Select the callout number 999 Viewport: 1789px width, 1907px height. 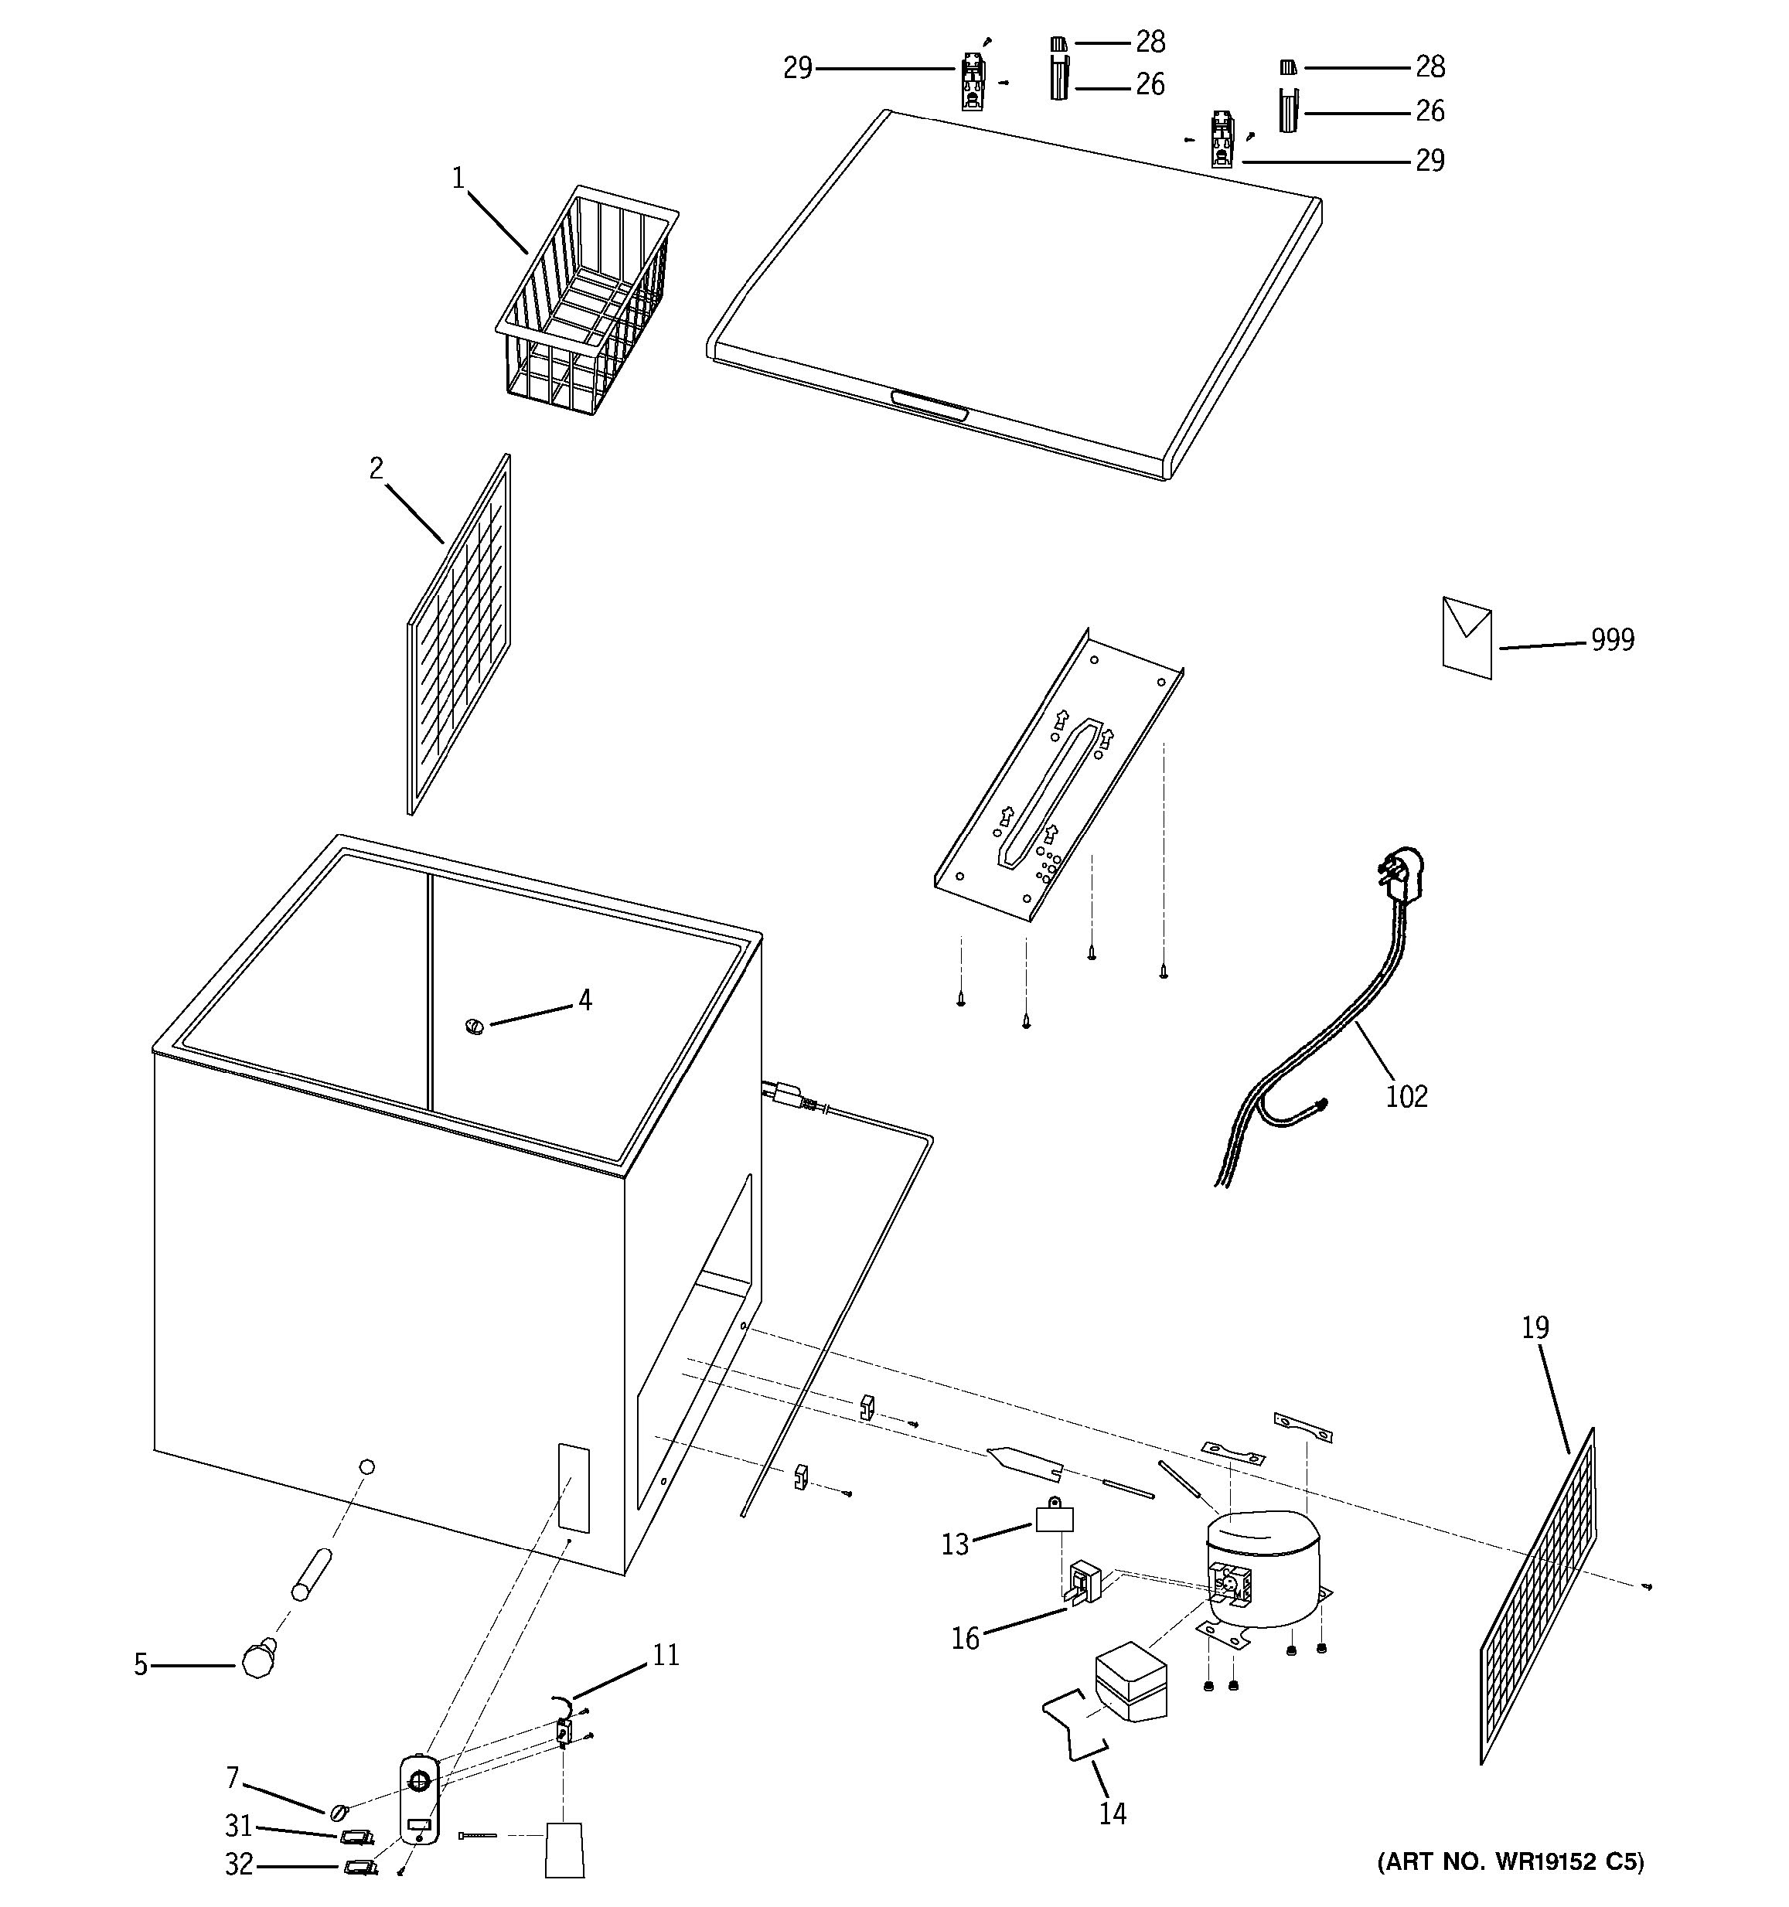(x=1613, y=640)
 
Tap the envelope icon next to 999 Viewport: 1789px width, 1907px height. (x=1467, y=638)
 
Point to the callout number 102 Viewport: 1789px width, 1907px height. (x=1406, y=1096)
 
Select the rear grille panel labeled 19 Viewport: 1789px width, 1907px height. (x=1539, y=1597)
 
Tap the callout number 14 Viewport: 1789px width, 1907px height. (x=1112, y=1813)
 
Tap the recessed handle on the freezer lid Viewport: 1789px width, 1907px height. (x=929, y=407)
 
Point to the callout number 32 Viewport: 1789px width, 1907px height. (x=239, y=1864)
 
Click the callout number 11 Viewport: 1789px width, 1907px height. (x=665, y=1655)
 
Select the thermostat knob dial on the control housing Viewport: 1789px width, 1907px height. (x=419, y=1781)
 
